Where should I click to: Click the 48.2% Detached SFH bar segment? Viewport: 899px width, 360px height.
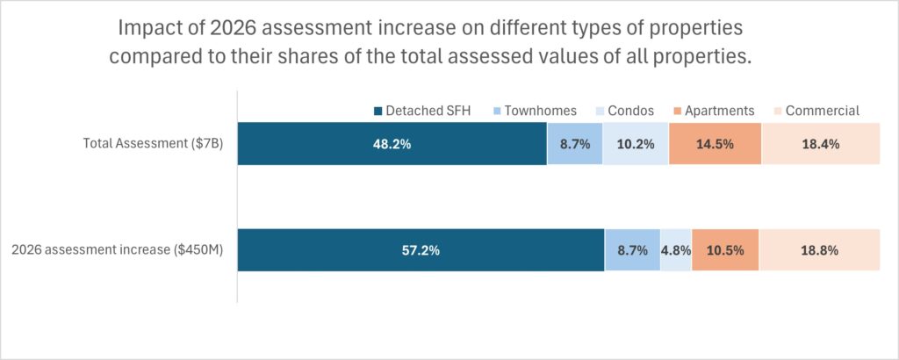[392, 144]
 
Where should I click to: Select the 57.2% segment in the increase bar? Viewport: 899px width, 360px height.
[421, 250]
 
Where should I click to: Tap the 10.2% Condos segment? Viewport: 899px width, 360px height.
[636, 144]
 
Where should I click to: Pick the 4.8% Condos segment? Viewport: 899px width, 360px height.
[676, 250]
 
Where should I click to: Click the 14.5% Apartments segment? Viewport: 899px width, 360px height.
[715, 144]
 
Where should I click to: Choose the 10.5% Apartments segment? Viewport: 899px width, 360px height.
[725, 250]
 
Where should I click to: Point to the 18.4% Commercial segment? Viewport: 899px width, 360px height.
[820, 144]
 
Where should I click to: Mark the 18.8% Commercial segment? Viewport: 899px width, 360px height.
[819, 250]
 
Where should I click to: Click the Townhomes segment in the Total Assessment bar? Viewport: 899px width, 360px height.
[575, 144]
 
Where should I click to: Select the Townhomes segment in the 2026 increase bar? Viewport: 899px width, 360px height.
[632, 250]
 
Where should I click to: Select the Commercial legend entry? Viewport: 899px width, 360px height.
[815, 111]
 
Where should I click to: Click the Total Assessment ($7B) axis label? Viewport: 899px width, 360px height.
[153, 144]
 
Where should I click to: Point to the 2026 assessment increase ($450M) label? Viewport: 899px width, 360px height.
[117, 250]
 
